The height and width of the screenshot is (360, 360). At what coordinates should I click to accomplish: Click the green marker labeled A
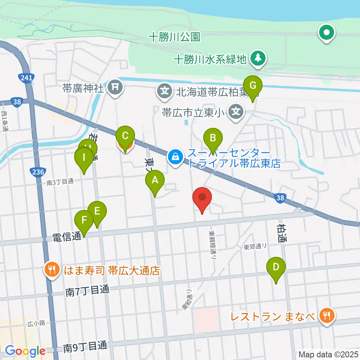click(154, 181)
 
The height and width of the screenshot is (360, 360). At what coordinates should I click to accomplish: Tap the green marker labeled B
click(213, 139)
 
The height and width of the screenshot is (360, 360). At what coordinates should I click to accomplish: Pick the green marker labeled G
click(253, 86)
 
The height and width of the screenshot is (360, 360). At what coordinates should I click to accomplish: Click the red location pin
click(202, 198)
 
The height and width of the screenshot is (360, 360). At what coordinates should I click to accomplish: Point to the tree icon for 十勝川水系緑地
click(258, 58)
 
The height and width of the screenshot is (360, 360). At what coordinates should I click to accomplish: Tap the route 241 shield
click(26, 78)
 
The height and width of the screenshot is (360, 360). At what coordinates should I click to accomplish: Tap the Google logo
click(25, 351)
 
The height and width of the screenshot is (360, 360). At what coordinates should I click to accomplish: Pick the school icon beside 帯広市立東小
click(235, 111)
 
